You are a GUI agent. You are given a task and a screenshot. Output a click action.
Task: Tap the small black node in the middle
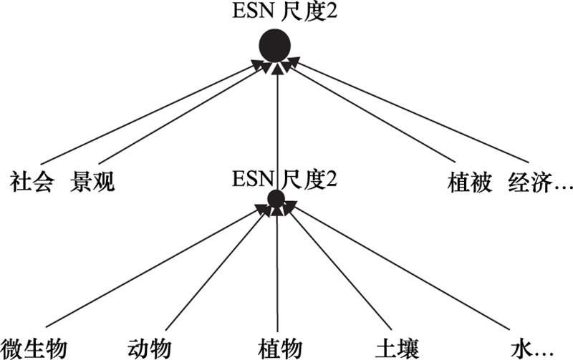point(276,200)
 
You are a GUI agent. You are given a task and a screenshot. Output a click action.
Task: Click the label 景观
point(92,183)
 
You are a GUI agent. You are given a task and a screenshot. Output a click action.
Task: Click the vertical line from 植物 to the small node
point(276,272)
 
